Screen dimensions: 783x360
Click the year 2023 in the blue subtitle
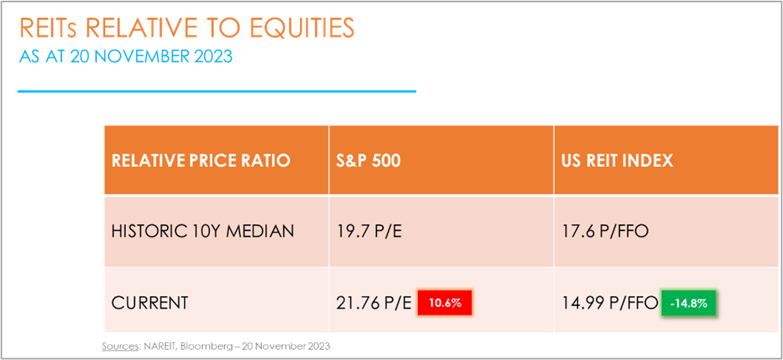[214, 56]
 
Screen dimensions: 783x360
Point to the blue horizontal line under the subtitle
[217, 92]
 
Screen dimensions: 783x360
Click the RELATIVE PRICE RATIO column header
[200, 161]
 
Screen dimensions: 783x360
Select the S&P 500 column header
[369, 161]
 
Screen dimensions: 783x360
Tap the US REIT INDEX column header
[617, 161]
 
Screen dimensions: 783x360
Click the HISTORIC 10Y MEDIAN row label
[203, 232]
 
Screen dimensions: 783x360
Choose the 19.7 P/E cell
[367, 232]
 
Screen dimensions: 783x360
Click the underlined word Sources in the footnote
[119, 346]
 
